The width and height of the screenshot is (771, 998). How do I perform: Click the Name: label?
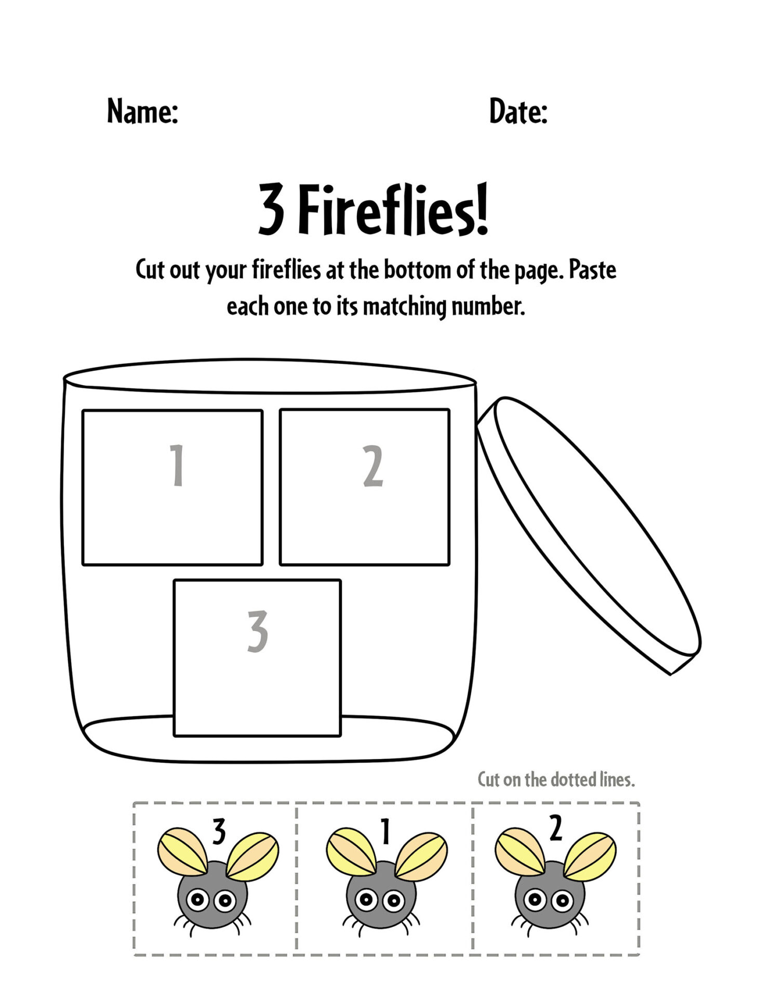tap(142, 111)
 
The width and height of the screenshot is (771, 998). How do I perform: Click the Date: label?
tap(518, 111)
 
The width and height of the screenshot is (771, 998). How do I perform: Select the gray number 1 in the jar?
tap(178, 465)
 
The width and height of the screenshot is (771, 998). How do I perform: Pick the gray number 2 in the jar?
tap(373, 466)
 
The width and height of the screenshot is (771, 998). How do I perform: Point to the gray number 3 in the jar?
tap(258, 632)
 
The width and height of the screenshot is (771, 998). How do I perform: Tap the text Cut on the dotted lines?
tap(556, 780)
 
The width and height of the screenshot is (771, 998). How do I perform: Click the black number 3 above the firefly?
tap(219, 832)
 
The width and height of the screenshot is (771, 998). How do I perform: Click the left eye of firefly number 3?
tap(197, 899)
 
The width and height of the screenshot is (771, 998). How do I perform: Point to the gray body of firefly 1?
tap(381, 915)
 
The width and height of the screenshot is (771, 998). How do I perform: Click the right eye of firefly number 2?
tap(562, 899)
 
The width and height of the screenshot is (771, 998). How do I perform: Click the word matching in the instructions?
tap(404, 306)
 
